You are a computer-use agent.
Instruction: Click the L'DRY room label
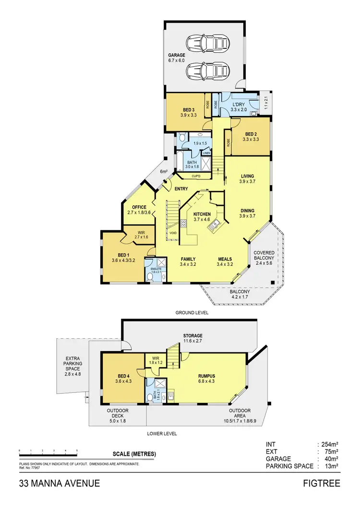click(x=239, y=104)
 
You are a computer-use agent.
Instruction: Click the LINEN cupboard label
click(x=206, y=153)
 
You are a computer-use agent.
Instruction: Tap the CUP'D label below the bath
click(x=196, y=176)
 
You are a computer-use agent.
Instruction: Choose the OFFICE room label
click(x=139, y=207)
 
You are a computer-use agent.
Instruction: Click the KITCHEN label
click(x=202, y=214)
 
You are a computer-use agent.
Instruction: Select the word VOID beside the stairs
click(x=173, y=233)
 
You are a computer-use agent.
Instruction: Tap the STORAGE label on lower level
click(x=192, y=336)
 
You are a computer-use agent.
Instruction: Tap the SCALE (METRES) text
click(x=134, y=454)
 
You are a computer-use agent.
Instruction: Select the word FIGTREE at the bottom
click(x=321, y=483)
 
